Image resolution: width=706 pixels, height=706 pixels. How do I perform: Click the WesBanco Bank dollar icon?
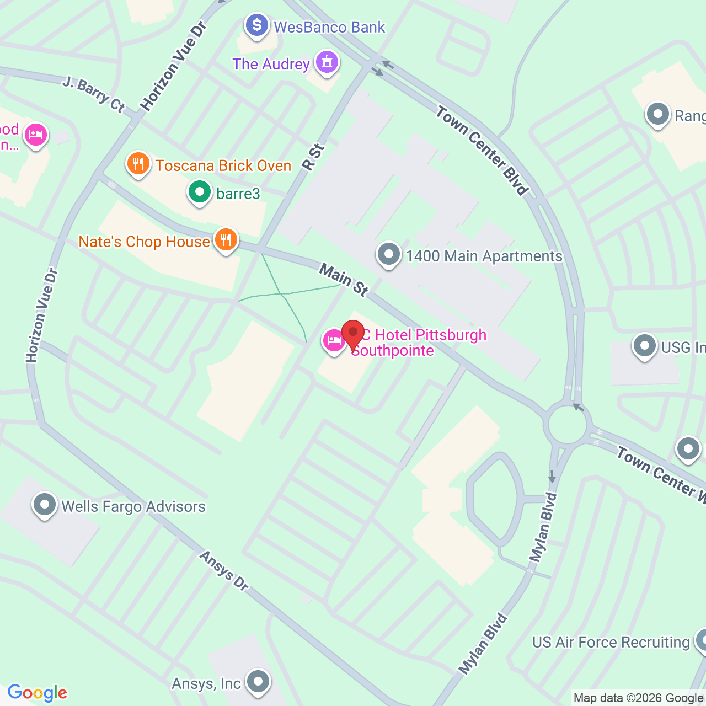(x=257, y=25)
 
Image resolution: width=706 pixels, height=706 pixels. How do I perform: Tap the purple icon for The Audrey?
(x=327, y=62)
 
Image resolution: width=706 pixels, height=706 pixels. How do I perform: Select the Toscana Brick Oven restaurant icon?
(x=138, y=164)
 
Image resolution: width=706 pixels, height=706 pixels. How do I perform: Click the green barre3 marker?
(x=200, y=192)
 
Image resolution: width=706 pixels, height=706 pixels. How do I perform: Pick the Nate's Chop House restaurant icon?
(x=226, y=240)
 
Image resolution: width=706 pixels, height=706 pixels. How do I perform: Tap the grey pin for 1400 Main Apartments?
(x=389, y=255)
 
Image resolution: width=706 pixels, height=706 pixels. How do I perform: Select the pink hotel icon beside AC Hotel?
(x=334, y=341)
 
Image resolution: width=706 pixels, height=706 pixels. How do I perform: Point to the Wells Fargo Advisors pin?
(x=45, y=505)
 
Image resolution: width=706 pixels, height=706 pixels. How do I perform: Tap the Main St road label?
(x=344, y=280)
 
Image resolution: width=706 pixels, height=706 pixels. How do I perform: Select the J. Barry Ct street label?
(x=94, y=94)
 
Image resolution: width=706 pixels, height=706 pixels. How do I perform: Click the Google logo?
(x=38, y=693)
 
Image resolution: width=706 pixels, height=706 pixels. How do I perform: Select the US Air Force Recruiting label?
(x=611, y=643)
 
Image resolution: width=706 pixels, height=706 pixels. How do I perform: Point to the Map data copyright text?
(x=639, y=698)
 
